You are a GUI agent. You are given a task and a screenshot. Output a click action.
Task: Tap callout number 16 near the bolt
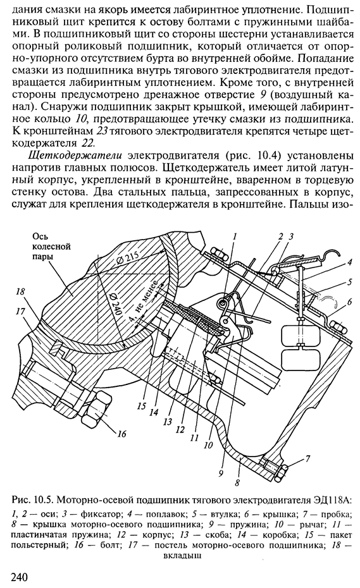coord(121,434)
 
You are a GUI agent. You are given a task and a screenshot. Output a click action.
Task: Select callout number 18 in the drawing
coord(21,291)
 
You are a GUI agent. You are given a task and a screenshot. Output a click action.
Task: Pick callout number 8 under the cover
coord(237,482)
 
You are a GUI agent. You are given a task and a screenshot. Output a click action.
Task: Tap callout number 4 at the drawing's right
coord(349,262)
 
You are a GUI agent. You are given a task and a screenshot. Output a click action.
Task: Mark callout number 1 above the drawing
coord(235,236)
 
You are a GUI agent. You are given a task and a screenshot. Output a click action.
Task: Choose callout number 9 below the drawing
coord(221,472)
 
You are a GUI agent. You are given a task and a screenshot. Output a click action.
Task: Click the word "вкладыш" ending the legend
coord(182,556)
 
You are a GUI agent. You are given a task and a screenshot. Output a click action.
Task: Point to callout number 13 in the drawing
coord(168,422)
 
